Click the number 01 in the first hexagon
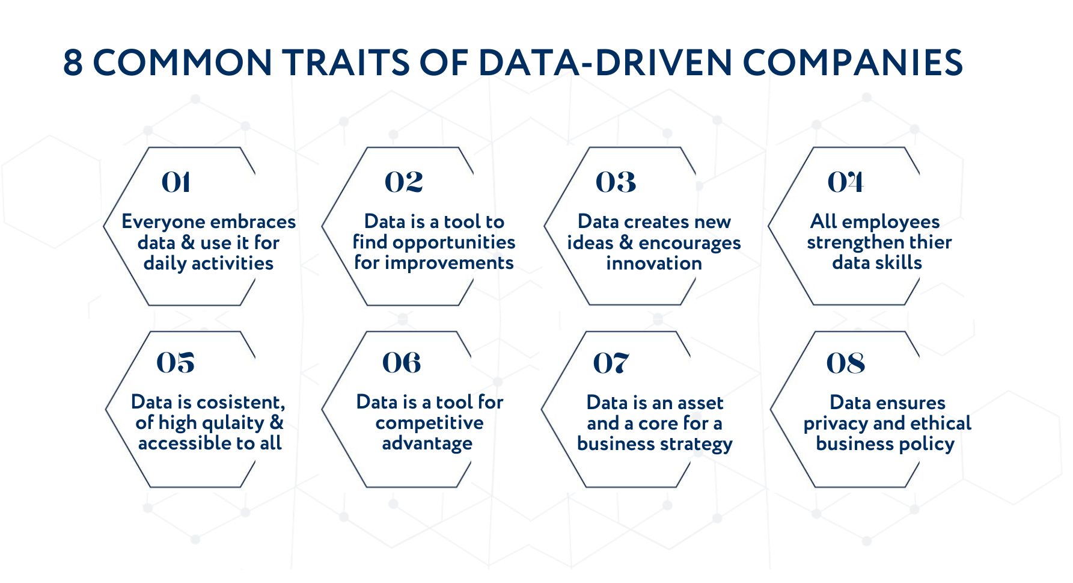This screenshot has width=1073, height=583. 176,182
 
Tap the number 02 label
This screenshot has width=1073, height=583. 403,182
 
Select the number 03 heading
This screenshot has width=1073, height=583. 616,182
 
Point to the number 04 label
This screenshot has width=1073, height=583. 845,182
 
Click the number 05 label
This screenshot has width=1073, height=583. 176,363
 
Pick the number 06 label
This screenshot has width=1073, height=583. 402,363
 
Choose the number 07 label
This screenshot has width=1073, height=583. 611,363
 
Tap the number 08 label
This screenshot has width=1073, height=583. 845,363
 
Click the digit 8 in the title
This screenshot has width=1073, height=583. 73,63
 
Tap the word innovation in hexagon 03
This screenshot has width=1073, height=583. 653,264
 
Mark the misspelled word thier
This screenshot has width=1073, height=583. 931,242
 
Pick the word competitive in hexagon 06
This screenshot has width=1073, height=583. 429,423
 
